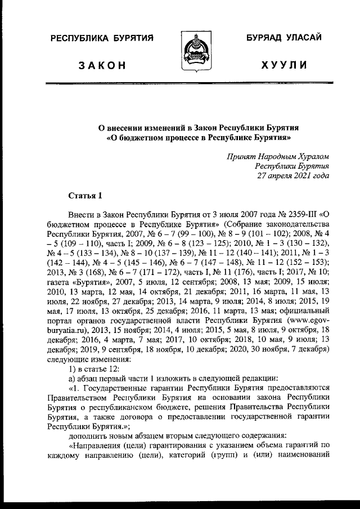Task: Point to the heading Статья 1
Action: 85,196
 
